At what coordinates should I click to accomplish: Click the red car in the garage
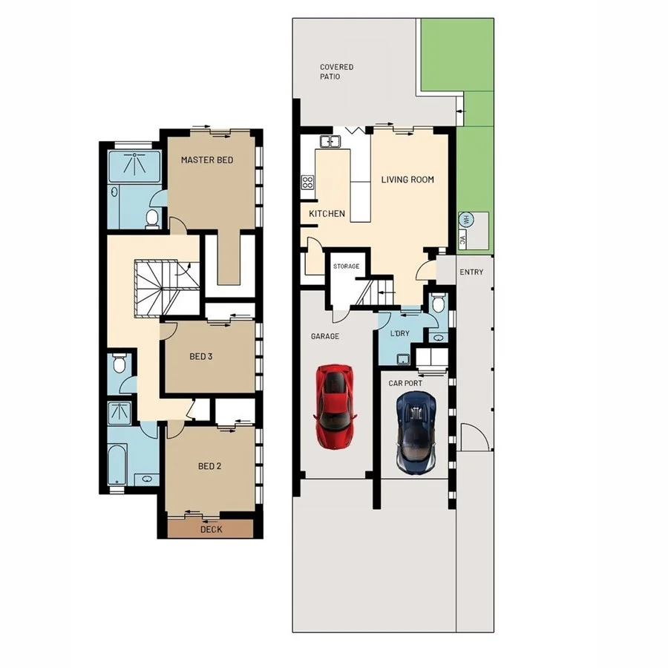[x=335, y=405]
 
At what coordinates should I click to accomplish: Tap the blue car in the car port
[x=416, y=432]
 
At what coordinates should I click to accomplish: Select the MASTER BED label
[x=208, y=160]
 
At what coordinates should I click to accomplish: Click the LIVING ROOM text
[x=407, y=180]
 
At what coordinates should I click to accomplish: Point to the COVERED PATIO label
[x=336, y=72]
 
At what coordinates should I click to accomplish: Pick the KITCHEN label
[x=327, y=214]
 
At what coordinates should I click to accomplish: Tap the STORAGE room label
[x=346, y=266]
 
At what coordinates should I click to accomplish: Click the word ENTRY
[x=471, y=272]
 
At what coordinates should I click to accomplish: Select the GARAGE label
[x=324, y=336]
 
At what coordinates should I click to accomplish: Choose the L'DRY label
[x=400, y=334]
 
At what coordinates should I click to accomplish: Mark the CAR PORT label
[x=405, y=383]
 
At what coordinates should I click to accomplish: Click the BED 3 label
[x=201, y=357]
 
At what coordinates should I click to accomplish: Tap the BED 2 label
[x=210, y=466]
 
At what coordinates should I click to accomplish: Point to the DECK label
[x=211, y=529]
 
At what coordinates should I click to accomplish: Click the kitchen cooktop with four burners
[x=307, y=182]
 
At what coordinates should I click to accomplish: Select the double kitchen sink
[x=330, y=141]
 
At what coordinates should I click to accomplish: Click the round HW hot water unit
[x=467, y=219]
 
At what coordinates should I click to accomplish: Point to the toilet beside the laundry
[x=438, y=303]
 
